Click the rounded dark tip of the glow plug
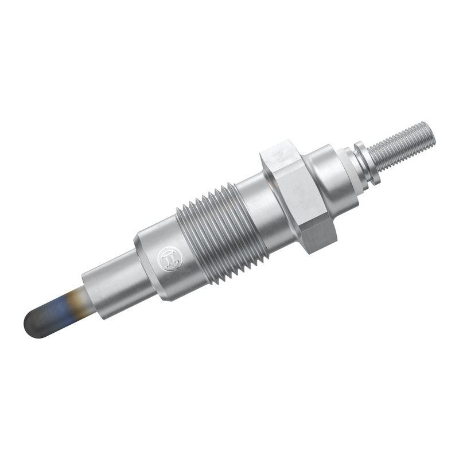(36, 324)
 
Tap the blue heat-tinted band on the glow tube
(57, 310)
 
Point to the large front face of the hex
(293, 189)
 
